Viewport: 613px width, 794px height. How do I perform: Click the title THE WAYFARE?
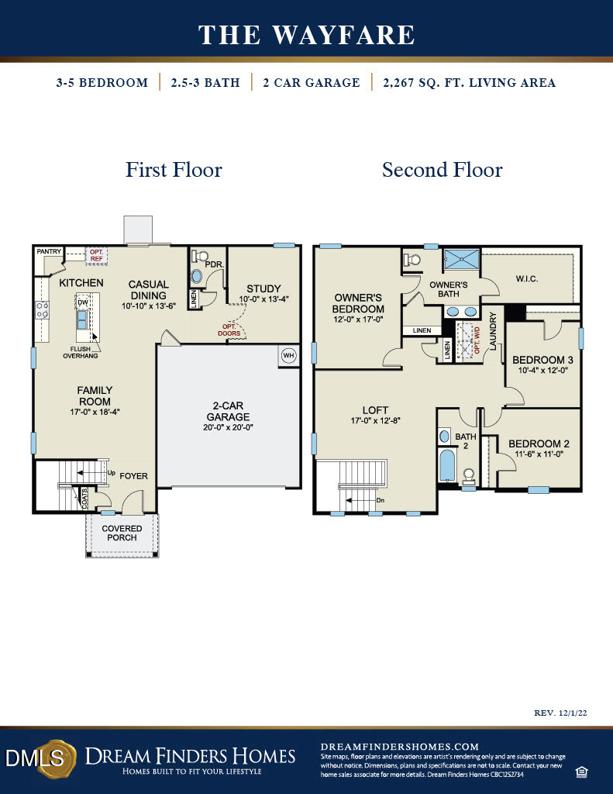click(x=306, y=35)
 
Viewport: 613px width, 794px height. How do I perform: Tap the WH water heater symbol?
click(x=288, y=356)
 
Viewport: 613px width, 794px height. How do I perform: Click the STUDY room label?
click(x=263, y=289)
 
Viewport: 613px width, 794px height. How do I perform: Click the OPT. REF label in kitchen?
click(x=96, y=255)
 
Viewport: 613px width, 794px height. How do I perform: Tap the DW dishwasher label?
click(x=82, y=303)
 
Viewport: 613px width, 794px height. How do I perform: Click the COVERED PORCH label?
click(x=122, y=533)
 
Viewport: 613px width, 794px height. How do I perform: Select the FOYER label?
click(x=133, y=476)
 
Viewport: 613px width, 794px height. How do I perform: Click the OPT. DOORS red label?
click(x=230, y=330)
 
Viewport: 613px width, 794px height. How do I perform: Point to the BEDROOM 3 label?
click(x=542, y=360)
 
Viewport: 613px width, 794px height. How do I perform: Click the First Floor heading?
click(x=174, y=170)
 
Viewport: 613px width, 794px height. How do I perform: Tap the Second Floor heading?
click(x=442, y=170)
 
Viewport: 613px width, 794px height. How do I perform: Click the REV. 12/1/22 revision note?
click(x=561, y=712)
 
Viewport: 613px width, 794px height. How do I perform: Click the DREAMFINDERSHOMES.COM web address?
click(x=400, y=746)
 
